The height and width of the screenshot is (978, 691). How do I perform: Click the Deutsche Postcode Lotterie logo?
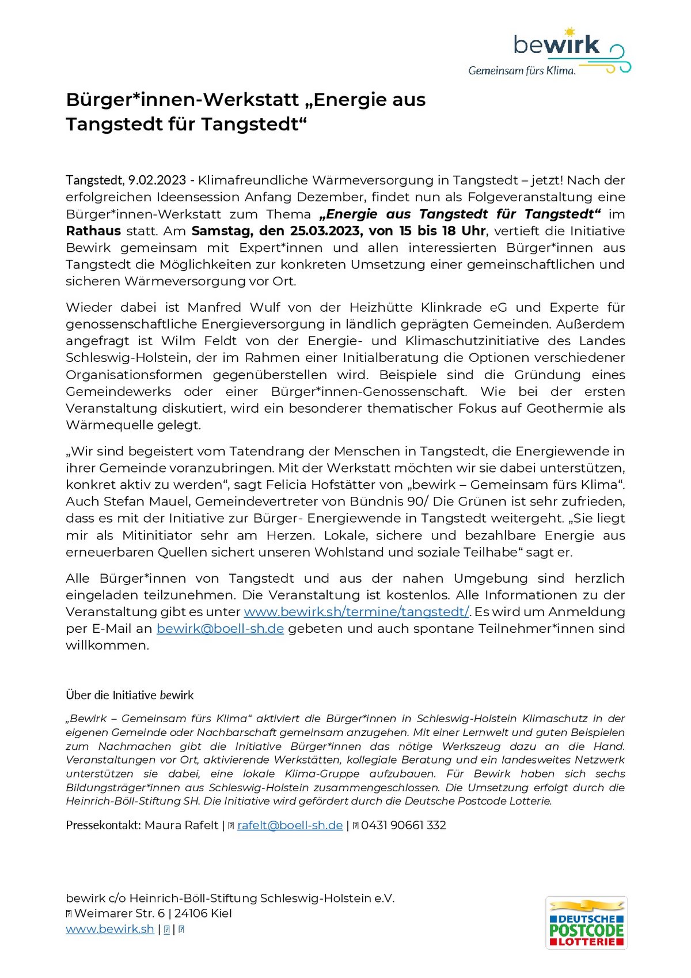point(586,922)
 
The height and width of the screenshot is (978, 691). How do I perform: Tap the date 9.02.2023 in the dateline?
point(157,180)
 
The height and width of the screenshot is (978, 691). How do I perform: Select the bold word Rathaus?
point(93,231)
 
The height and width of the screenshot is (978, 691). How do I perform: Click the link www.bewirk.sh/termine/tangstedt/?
point(356,612)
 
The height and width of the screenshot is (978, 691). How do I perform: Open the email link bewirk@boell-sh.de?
point(220,629)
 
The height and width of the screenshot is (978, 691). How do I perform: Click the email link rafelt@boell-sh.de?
point(290,825)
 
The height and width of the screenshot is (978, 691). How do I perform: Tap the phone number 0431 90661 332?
point(403,825)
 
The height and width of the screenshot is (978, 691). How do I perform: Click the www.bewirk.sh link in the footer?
point(110,929)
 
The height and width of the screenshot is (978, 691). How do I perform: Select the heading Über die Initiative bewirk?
point(130,695)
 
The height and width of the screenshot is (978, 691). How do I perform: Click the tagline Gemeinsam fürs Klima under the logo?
point(522,71)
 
